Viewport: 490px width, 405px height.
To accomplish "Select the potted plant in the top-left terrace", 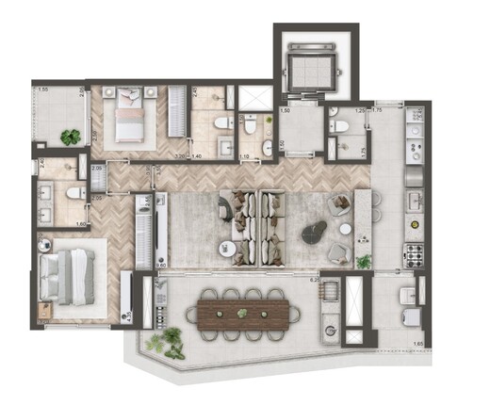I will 71,137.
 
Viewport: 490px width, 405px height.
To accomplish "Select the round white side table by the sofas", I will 226,249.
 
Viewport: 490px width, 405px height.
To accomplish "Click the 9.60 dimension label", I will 161,267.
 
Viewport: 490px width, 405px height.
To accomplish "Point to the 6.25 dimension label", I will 316,280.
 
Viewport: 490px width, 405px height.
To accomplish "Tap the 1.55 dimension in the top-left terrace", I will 43,89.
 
